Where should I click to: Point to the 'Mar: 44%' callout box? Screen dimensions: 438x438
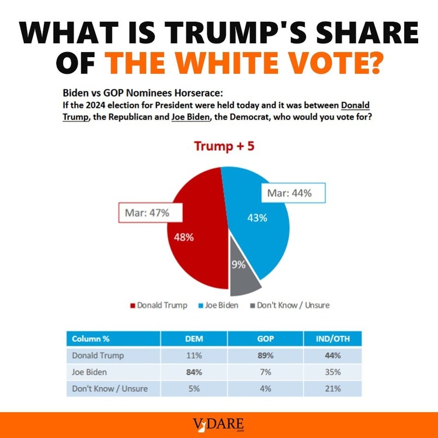[294, 193]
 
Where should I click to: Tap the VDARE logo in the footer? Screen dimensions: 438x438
[219, 425]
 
